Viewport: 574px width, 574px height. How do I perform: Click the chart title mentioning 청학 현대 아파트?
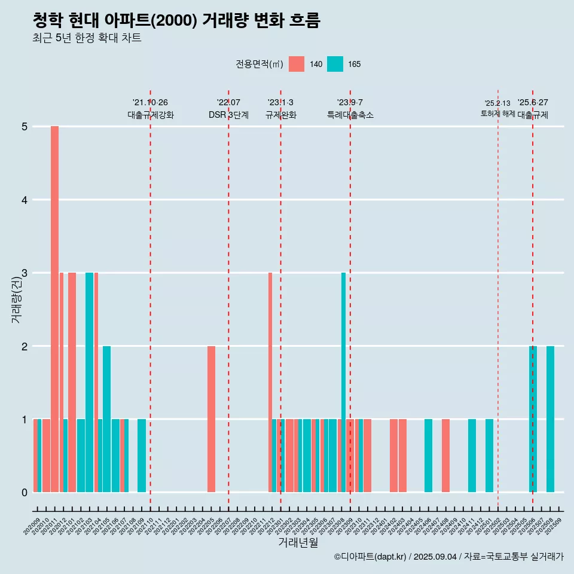(x=176, y=21)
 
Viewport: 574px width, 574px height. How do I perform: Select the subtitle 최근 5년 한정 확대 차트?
(x=87, y=39)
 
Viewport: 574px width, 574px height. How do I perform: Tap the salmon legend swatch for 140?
(x=296, y=64)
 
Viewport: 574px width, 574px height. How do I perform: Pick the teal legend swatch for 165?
(x=335, y=64)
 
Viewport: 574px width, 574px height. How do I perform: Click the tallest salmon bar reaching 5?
(x=54, y=309)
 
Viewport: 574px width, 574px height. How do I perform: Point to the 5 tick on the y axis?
(x=25, y=127)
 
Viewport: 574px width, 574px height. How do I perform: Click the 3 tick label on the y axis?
(x=25, y=273)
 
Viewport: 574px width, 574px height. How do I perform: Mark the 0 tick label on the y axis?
(x=25, y=492)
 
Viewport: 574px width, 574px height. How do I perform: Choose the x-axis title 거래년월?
(x=298, y=542)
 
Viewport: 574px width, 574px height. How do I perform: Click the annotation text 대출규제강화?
(x=151, y=115)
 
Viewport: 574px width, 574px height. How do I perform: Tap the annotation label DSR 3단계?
(x=228, y=115)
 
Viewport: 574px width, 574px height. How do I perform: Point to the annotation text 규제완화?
(x=280, y=115)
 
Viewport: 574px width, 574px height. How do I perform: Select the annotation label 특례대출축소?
(x=350, y=115)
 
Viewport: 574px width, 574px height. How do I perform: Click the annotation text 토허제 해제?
(x=497, y=114)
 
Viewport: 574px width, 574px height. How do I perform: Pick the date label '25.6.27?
(x=533, y=103)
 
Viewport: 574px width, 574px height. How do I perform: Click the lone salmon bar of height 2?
(x=211, y=419)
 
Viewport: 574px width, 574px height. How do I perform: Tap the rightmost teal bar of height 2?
(x=550, y=419)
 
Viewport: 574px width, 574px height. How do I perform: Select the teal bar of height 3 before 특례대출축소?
(x=344, y=383)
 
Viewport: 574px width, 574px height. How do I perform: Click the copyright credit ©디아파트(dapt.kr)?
(x=370, y=557)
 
